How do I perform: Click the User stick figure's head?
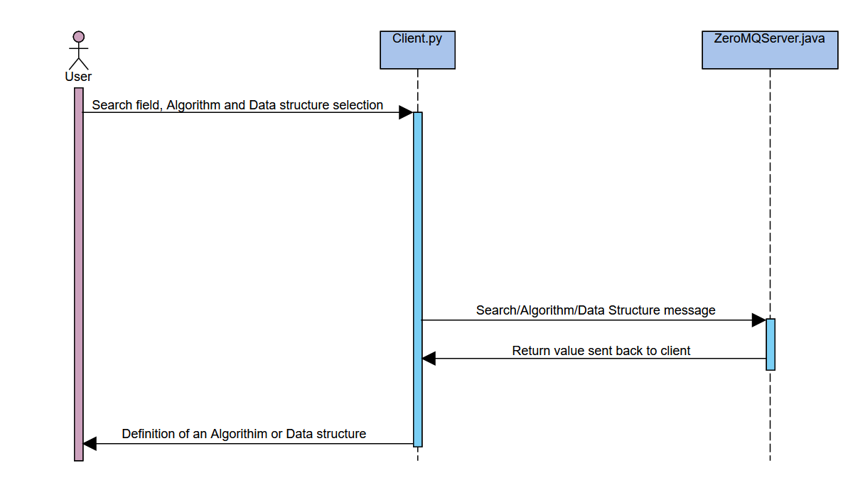click(78, 37)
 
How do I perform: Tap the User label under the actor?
click(78, 77)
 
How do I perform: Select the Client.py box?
click(417, 50)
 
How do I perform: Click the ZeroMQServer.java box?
click(770, 50)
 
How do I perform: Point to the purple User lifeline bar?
click(79, 274)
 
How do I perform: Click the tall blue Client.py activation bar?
click(417, 279)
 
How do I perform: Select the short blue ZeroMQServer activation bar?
click(771, 344)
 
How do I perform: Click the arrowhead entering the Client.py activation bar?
click(406, 112)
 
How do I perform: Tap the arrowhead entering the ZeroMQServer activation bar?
click(758, 320)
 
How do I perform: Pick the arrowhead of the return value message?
click(429, 358)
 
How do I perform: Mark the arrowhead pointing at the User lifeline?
click(90, 444)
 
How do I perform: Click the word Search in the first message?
click(109, 105)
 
